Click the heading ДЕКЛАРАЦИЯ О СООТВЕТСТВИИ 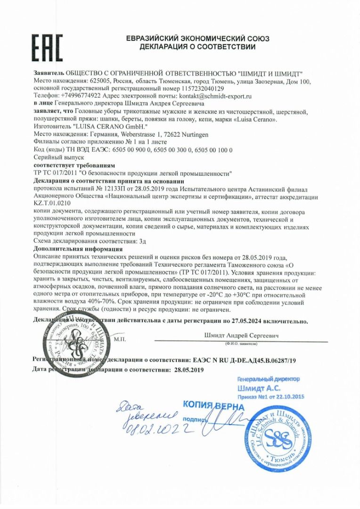pyautogui.click(x=197, y=47)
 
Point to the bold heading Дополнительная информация pyautogui.click(x=78, y=248)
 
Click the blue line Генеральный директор pyautogui.click(x=268, y=379)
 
